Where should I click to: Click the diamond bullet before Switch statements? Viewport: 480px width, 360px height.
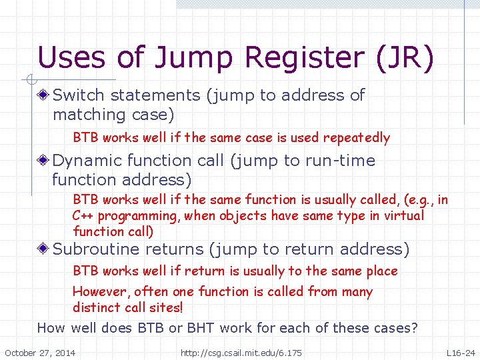[x=44, y=95]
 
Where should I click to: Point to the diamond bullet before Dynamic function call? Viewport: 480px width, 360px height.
[x=44, y=161]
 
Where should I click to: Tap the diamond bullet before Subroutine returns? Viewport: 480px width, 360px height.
[x=44, y=249]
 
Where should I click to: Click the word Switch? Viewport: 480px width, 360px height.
[x=79, y=95]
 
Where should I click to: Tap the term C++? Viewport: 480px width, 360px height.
[x=83, y=215]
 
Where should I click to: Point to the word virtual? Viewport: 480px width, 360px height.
[x=404, y=215]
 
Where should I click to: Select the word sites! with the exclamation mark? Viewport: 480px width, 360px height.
[x=166, y=308]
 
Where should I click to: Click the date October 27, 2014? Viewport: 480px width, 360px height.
[x=40, y=352]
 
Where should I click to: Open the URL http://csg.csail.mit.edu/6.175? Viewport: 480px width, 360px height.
[x=241, y=352]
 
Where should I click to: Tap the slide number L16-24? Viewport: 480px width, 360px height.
[x=461, y=352]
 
